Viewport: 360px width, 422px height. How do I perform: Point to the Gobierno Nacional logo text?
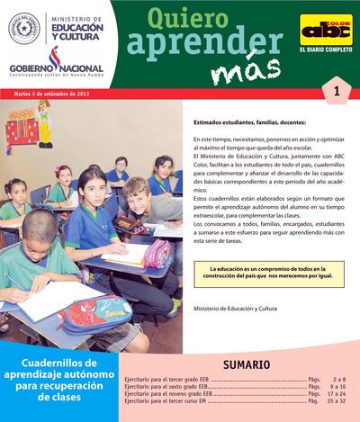click(56, 69)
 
